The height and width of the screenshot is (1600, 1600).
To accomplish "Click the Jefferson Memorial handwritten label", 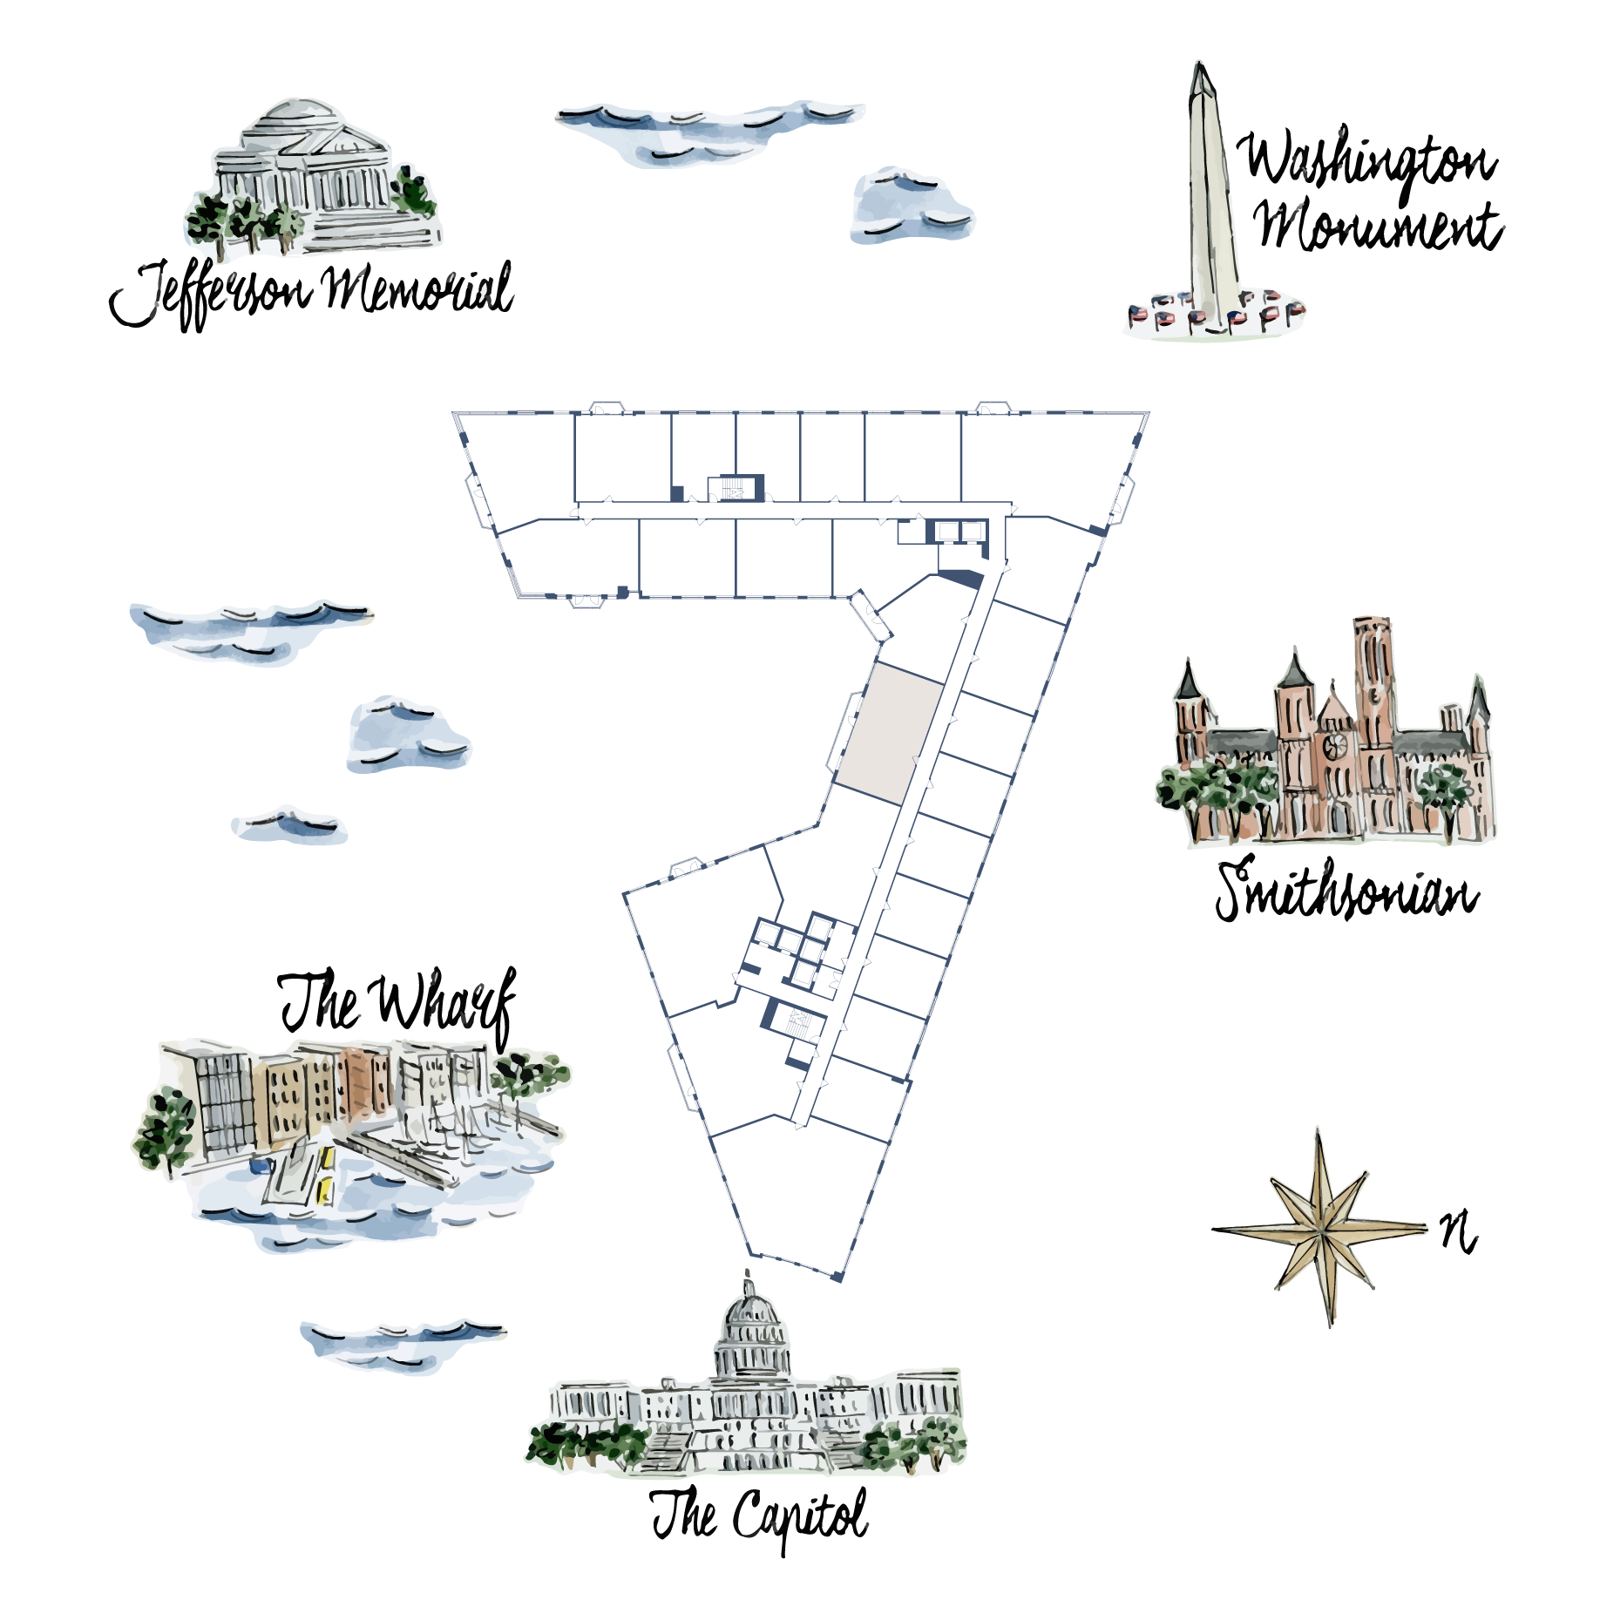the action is point(311,293).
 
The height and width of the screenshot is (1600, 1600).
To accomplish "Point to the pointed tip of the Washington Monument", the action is point(1200,63).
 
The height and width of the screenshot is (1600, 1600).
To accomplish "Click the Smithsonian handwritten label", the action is point(1346,890).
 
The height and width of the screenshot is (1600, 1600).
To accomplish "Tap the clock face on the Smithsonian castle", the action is point(1334,745).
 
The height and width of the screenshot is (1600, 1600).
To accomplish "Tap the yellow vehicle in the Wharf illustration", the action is point(326,1175).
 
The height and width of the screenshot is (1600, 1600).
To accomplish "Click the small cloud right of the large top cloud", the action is point(911,206).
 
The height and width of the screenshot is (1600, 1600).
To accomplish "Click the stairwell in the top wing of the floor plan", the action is point(734,489).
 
